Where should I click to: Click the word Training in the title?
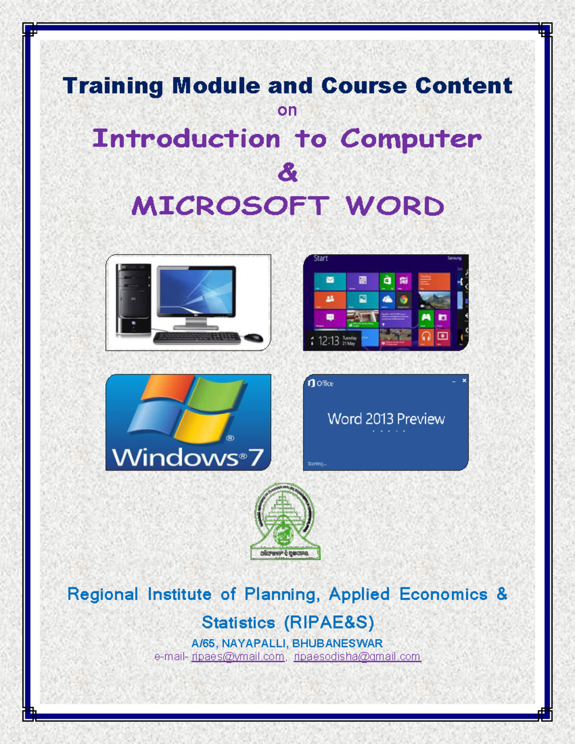click(113, 87)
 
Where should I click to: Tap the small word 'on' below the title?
click(287, 111)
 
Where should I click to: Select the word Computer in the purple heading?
click(411, 139)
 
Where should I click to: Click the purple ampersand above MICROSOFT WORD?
click(287, 172)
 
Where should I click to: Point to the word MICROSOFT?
click(230, 206)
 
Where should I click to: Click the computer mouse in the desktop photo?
click(253, 337)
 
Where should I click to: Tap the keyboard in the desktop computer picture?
click(197, 338)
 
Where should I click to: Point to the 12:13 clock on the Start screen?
click(328, 341)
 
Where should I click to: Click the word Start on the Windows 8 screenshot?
click(321, 259)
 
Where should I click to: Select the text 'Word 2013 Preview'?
click(386, 419)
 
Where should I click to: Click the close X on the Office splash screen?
click(464, 380)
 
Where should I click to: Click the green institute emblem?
click(286, 521)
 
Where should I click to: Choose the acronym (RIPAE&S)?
click(329, 622)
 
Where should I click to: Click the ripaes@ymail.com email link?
click(238, 657)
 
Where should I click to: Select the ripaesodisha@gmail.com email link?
click(357, 657)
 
